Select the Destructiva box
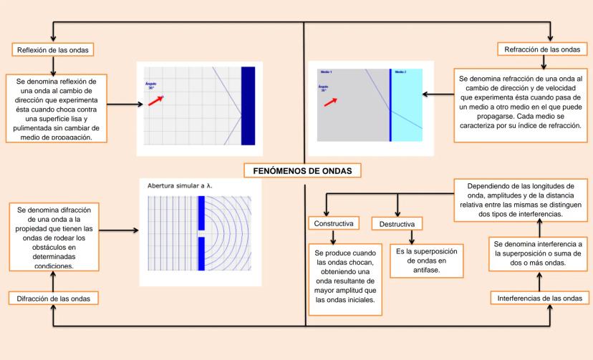[396, 224]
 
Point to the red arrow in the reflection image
[155, 102]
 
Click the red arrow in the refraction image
[330, 102]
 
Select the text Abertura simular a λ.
[180, 186]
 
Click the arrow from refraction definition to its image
[436, 94]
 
